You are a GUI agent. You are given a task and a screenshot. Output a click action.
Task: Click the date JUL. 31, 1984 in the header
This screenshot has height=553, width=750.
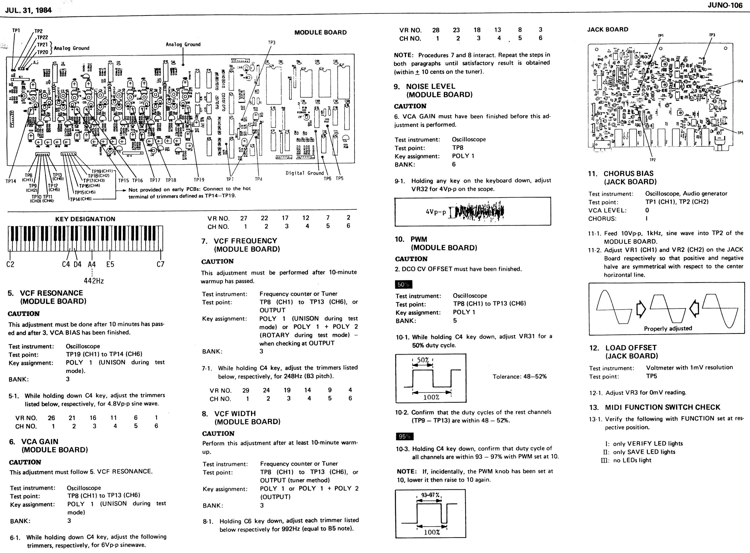coord(28,10)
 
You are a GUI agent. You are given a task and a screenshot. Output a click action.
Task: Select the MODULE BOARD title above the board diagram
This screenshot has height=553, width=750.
coord(320,33)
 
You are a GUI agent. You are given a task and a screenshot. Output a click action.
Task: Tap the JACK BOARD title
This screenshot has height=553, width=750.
coord(607,29)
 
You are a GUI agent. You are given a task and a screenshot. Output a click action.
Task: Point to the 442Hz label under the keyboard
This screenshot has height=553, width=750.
coord(93,281)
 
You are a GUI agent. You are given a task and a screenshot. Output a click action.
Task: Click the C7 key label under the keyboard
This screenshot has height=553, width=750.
coord(160,264)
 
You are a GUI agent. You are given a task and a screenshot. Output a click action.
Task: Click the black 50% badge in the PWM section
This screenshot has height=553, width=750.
coord(403,284)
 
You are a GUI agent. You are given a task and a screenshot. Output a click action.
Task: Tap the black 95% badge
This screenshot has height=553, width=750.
coord(404,437)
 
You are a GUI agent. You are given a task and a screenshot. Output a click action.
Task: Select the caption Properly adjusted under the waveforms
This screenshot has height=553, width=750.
coord(668,328)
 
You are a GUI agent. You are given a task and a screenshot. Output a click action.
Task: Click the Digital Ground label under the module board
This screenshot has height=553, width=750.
coord(304,173)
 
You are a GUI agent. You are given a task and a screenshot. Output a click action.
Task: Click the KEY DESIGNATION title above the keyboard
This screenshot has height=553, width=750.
coord(85,219)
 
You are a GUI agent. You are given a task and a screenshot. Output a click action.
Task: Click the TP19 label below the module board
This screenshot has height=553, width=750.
coord(199,180)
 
